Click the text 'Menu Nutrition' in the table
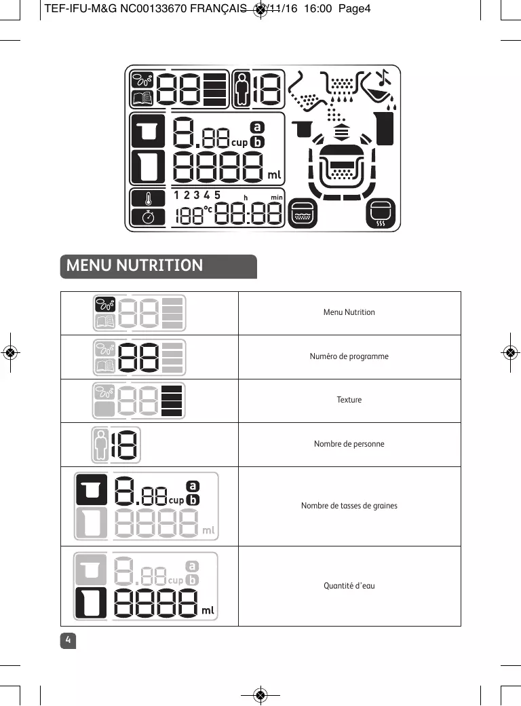tap(349, 312)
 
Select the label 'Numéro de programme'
tap(349, 356)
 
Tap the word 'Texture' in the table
tap(349, 400)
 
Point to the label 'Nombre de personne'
tap(349, 444)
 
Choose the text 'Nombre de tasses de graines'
tap(349, 506)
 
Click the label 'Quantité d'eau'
tap(349, 585)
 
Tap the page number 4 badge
tap(69, 640)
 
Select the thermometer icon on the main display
tap(148, 199)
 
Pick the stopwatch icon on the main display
tap(148, 217)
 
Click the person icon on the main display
tap(242, 89)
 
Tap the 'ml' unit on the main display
tap(273, 175)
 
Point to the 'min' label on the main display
tap(276, 197)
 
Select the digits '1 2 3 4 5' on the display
tap(197, 196)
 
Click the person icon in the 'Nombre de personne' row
tap(100, 444)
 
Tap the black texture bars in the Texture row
tap(173, 400)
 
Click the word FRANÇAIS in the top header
tap(218, 9)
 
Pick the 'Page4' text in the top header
tap(355, 9)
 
